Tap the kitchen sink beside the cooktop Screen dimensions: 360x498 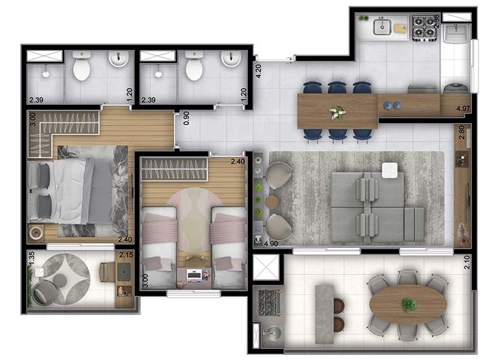(x=381, y=27)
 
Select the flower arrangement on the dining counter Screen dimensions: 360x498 (x=337, y=112)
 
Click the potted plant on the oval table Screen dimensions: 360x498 (x=408, y=304)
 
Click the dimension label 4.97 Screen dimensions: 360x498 (x=463, y=108)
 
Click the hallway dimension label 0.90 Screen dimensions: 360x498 (x=187, y=117)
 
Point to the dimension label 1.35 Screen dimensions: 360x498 (x=30, y=258)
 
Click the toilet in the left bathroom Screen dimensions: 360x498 (x=82, y=67)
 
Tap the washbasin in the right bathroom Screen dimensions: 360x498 (x=231, y=60)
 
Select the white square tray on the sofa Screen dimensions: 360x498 (x=389, y=170)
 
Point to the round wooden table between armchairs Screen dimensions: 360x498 (x=272, y=202)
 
